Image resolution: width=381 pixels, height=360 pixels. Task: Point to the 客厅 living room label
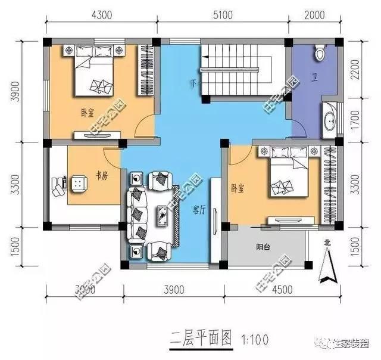tap(199, 210)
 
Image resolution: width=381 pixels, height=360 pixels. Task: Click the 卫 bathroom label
tap(314, 77)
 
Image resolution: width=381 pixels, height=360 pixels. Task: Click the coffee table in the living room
tap(161, 215)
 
